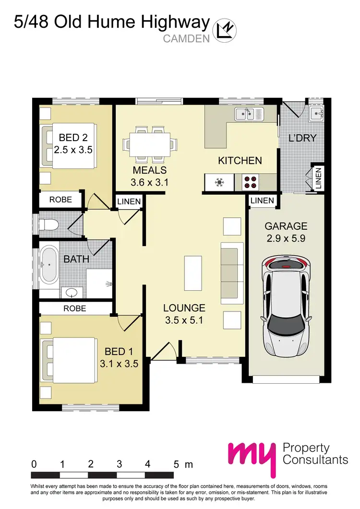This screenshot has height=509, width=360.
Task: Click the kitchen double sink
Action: (x=249, y=114)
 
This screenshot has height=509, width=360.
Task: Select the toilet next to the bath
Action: (x=48, y=224)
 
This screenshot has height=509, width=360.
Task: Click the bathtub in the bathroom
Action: (x=49, y=264)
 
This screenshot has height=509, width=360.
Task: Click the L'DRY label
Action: (x=302, y=138)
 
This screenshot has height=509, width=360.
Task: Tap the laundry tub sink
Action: (x=315, y=113)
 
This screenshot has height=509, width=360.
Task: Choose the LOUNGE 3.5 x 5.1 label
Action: (x=184, y=313)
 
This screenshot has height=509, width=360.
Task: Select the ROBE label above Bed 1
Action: (x=75, y=308)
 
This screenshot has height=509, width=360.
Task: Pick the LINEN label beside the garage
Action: (x=262, y=201)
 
